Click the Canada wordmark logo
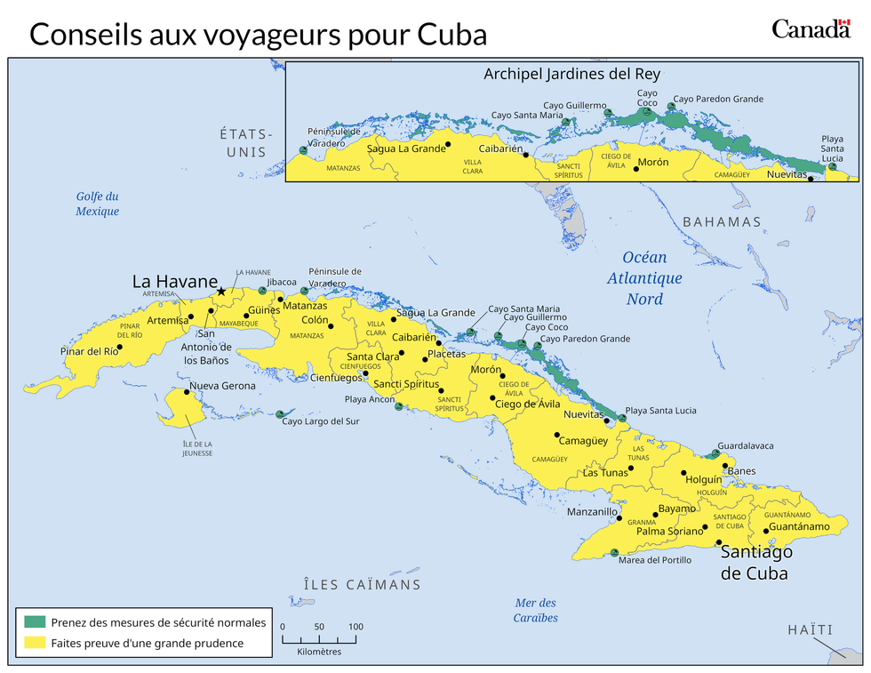point(810,28)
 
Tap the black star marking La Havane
point(221,291)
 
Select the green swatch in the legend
point(36,621)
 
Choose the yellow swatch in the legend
point(36,643)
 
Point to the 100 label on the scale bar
point(356,627)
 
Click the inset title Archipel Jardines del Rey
point(571,74)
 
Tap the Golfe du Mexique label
point(97,204)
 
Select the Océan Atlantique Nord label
point(644,277)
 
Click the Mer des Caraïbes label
point(536,610)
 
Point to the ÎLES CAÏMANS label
point(362,584)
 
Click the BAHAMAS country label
point(722,221)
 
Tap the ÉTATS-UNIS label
point(246,142)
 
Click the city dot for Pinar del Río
point(120,347)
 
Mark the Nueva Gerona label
point(222,386)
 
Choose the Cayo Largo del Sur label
point(321,421)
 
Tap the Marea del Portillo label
point(654,560)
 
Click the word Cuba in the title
point(453,34)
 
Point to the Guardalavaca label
point(745,445)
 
